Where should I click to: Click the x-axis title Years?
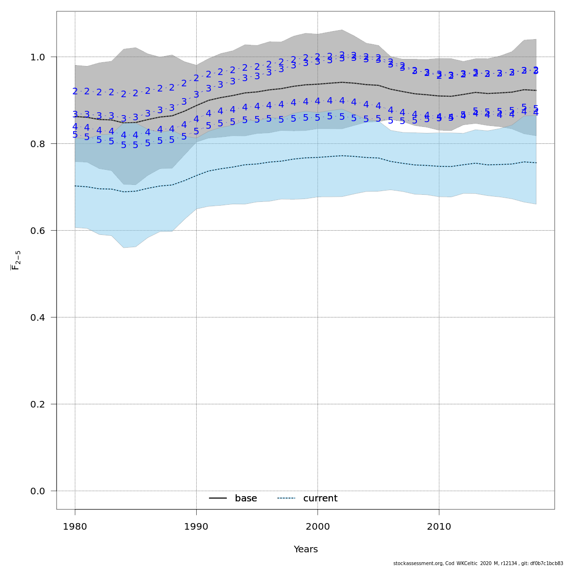(x=306, y=549)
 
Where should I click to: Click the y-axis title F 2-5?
(x=16, y=260)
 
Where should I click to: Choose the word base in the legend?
(x=246, y=499)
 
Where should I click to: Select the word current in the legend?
(x=320, y=499)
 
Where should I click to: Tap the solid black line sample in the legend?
(x=218, y=498)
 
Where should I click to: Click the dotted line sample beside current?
(x=286, y=498)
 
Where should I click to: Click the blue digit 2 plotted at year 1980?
(x=75, y=92)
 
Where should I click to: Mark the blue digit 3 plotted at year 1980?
(x=75, y=114)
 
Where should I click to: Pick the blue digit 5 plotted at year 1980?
(x=75, y=135)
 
